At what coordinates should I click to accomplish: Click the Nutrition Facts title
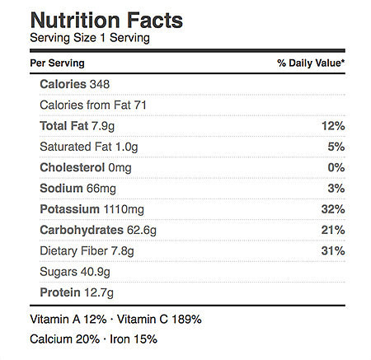click(x=106, y=20)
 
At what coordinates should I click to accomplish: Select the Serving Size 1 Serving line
click(x=90, y=38)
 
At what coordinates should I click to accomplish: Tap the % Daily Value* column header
click(x=311, y=63)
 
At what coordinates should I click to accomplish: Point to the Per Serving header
click(x=57, y=63)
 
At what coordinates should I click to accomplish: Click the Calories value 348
click(x=100, y=84)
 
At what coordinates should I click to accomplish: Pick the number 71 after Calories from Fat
click(x=140, y=105)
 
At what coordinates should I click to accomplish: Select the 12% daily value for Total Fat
click(x=333, y=126)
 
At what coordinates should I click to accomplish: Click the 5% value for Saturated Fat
click(x=336, y=147)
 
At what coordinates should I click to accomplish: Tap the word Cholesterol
click(x=73, y=167)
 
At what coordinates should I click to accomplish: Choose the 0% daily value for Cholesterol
click(x=336, y=167)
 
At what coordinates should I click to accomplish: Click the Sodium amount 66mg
click(x=101, y=189)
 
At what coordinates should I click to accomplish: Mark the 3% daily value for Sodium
click(x=336, y=189)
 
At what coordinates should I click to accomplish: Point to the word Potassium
click(x=69, y=209)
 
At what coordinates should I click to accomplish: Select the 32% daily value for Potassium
click(x=333, y=209)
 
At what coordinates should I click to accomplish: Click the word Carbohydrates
click(x=82, y=230)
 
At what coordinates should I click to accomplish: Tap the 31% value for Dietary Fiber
click(x=333, y=250)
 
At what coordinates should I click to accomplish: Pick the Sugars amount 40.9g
click(x=96, y=272)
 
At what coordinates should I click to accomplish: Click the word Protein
click(x=60, y=292)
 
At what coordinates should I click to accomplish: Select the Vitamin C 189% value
click(x=159, y=320)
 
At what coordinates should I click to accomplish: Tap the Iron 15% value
click(x=134, y=339)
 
